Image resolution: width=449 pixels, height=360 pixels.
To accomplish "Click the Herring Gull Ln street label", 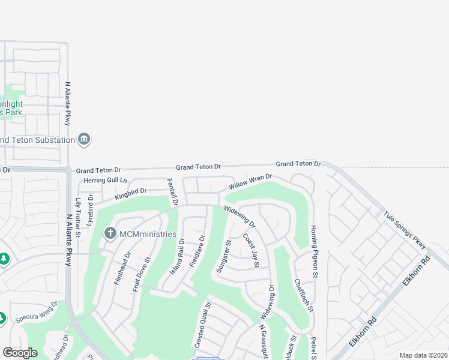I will pyautogui.click(x=106, y=180).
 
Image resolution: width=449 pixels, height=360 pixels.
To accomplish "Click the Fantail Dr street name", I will pyautogui.click(x=172, y=192).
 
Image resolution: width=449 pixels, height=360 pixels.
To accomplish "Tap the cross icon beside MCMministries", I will pyautogui.click(x=110, y=233).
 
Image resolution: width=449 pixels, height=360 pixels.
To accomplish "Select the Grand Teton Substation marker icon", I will pyautogui.click(x=84, y=140).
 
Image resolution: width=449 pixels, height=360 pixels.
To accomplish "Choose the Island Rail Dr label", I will pyautogui.click(x=177, y=256).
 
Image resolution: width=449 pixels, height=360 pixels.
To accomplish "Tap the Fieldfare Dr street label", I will pyautogui.click(x=197, y=251).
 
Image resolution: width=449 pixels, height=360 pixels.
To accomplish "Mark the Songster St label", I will pyautogui.click(x=224, y=257).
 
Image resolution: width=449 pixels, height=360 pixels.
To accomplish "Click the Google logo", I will pyautogui.click(x=20, y=353).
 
